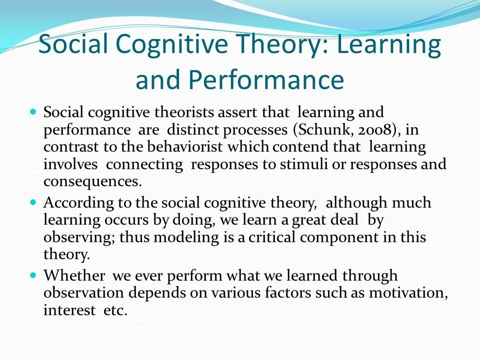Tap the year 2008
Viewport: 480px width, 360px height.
[x=370, y=130]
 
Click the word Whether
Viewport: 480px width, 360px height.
[x=74, y=275]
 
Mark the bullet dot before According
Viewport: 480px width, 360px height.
[x=33, y=203]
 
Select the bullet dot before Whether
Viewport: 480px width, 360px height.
[x=33, y=275]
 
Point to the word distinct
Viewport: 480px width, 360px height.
[x=194, y=130]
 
